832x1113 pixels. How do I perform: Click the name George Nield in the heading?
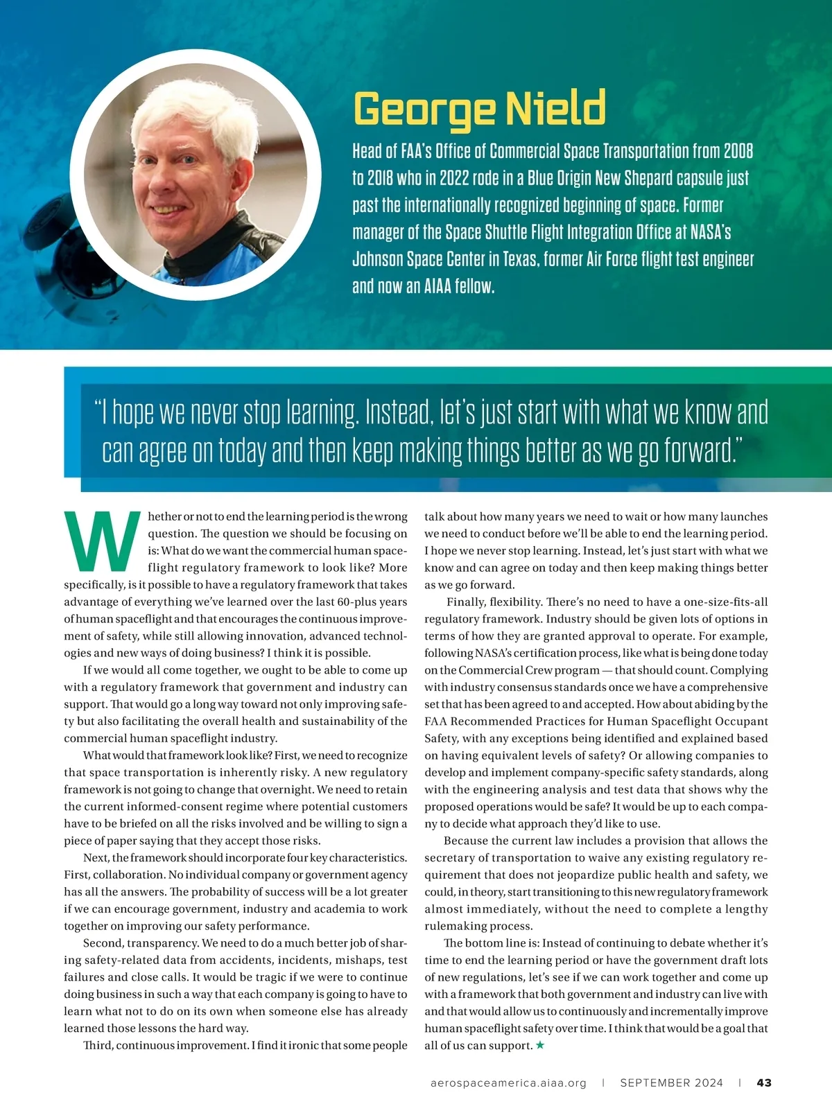tap(479, 109)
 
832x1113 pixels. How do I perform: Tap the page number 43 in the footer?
tap(764, 1083)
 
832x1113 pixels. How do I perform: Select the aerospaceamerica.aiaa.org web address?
tap(508, 1083)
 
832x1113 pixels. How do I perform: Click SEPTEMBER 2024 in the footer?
tap(671, 1083)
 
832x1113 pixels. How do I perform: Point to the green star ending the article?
tap(540, 1045)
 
